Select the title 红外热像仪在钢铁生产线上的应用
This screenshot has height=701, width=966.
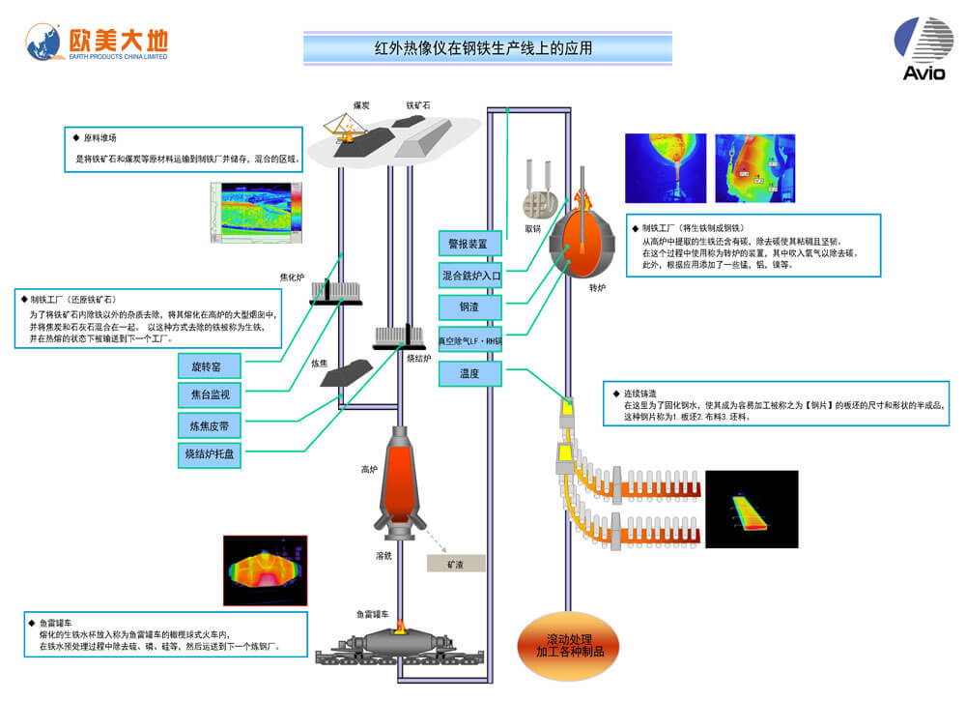point(483,47)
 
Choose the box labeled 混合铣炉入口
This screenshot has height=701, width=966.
point(470,276)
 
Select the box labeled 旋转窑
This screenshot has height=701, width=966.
point(210,366)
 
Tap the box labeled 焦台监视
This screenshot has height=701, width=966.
point(210,394)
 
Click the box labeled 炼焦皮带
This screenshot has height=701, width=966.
point(210,424)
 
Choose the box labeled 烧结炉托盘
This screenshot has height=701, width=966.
point(210,453)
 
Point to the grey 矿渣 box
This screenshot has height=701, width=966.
point(456,562)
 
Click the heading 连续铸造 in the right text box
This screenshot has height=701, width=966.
point(639,394)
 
